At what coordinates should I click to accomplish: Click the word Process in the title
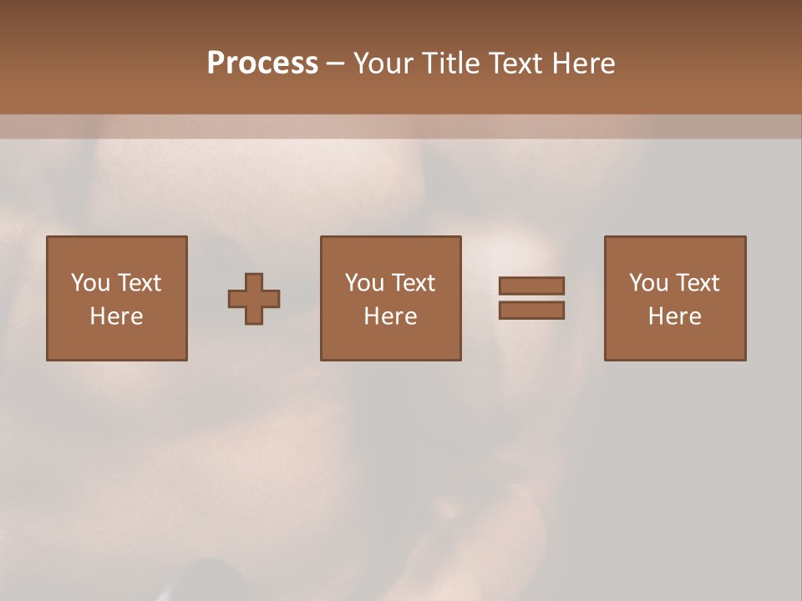(x=262, y=63)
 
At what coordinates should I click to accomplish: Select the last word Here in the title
(x=586, y=63)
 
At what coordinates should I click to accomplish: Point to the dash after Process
(x=335, y=64)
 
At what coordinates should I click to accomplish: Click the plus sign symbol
(x=254, y=298)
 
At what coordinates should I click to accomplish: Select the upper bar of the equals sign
(x=531, y=285)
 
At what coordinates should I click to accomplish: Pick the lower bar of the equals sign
(x=531, y=311)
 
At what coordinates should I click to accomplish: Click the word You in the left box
(x=90, y=283)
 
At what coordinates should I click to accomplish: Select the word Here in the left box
(x=116, y=316)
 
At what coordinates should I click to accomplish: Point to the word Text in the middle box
(x=412, y=283)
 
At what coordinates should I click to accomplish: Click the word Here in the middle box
(x=390, y=316)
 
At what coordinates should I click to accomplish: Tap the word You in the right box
(x=648, y=283)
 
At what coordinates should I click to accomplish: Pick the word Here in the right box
(x=674, y=316)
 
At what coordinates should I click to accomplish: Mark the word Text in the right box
(x=696, y=283)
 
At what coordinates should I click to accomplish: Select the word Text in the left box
(x=138, y=283)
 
